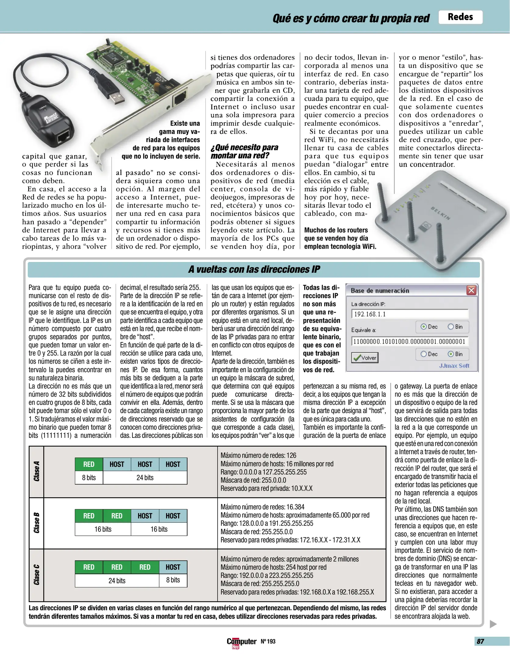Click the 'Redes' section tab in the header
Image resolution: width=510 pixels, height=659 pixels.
460,17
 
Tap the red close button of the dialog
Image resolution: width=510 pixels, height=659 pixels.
471,290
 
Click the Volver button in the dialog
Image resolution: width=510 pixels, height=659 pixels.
365,358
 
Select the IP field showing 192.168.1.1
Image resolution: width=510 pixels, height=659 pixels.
409,314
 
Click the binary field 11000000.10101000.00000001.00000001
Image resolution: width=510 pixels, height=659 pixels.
409,341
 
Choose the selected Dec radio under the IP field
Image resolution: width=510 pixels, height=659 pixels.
423,327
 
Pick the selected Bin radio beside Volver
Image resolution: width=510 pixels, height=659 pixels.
451,354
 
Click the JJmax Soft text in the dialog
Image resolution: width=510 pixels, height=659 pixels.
454,366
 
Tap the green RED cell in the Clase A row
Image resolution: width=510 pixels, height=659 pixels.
89,464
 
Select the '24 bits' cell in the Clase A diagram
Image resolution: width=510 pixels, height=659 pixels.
145,478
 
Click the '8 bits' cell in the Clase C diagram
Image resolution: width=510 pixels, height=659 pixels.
173,580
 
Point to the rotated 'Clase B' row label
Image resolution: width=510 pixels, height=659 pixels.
37,523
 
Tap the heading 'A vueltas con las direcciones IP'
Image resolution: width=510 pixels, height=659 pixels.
254,269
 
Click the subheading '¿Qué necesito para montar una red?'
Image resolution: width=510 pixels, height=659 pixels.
244,151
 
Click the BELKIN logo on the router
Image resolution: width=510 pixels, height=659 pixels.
440,213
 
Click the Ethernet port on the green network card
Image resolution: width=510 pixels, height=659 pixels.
180,98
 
